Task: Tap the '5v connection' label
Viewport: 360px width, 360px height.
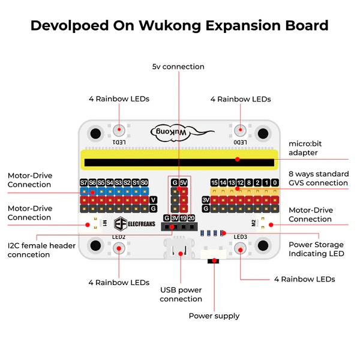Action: coord(178,67)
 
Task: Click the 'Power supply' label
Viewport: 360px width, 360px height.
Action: coord(214,316)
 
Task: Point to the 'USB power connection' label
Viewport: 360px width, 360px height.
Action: coord(181,295)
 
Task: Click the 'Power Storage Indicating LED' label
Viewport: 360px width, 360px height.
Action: coord(325,249)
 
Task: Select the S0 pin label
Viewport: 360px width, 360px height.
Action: coord(145,182)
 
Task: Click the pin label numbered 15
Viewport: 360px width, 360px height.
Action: coord(214,182)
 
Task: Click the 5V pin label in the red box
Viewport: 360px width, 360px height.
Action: coord(184,182)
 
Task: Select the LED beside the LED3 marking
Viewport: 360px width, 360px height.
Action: coord(241,247)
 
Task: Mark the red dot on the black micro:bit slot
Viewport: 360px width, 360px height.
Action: coord(238,160)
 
